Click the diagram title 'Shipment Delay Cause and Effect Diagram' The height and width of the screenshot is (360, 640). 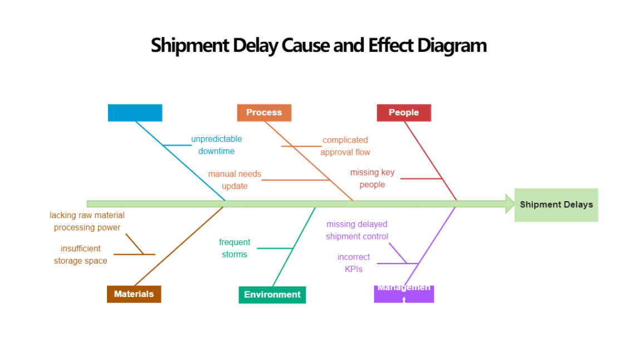pos(319,45)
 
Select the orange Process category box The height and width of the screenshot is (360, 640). pos(264,113)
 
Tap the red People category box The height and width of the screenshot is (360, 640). pos(404,113)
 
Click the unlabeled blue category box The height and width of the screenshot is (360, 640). pos(135,113)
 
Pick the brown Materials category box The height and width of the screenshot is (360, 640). pos(134,294)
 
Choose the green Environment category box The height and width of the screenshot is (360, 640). pos(272,295)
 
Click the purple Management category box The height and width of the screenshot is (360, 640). pos(404,294)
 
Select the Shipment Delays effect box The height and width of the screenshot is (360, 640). pos(556,205)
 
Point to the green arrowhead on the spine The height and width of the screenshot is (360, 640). pos(510,204)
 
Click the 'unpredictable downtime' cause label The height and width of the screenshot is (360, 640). pos(216,145)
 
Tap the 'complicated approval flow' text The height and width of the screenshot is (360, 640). pos(345,146)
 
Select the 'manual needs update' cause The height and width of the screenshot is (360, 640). pos(234,180)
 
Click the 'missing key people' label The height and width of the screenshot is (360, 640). pos(372,178)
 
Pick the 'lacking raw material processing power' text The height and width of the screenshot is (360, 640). pos(87,221)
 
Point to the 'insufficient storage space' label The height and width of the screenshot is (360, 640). pos(81,255)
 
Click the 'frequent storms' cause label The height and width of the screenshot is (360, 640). pos(234,248)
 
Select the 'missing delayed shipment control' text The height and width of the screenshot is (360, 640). pos(357,230)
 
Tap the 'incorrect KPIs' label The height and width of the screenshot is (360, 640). pos(353,263)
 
